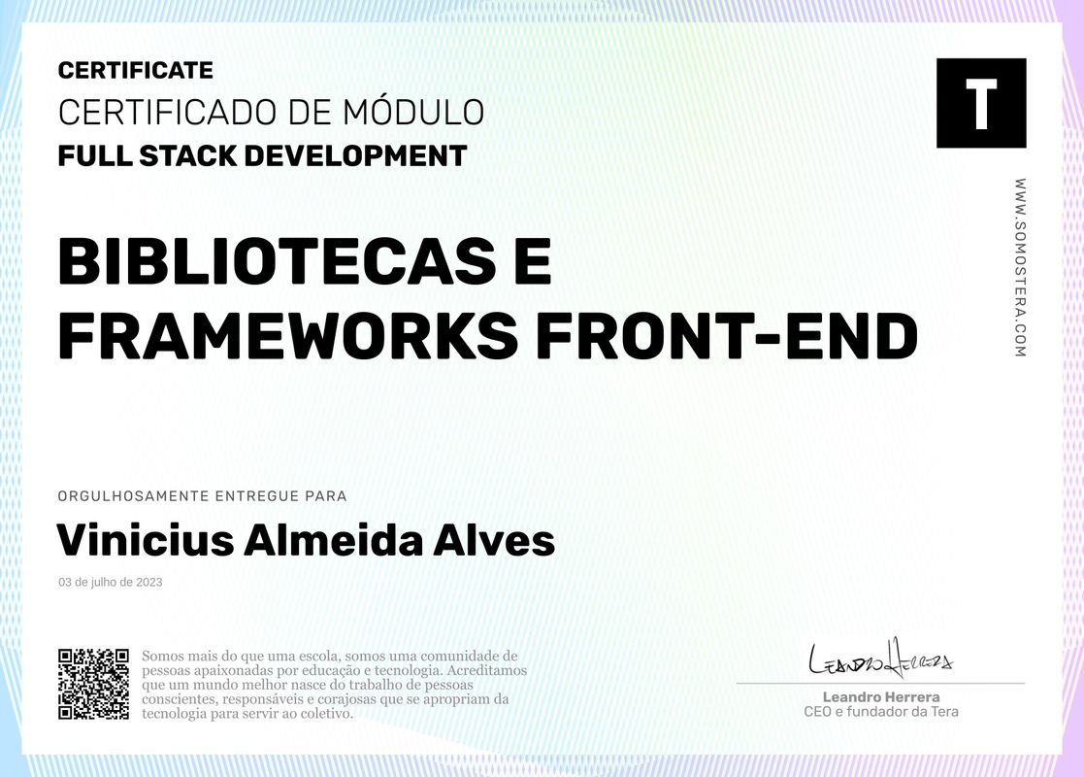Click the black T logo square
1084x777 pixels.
pos(980,103)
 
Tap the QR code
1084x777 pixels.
pos(93,684)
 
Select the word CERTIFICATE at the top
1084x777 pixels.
pos(135,70)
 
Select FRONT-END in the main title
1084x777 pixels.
pos(727,336)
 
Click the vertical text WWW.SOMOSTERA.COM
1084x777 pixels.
pos(1020,267)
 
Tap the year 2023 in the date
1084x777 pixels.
pos(148,583)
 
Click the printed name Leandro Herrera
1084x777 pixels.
pos(880,697)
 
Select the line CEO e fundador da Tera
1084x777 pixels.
pos(880,712)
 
